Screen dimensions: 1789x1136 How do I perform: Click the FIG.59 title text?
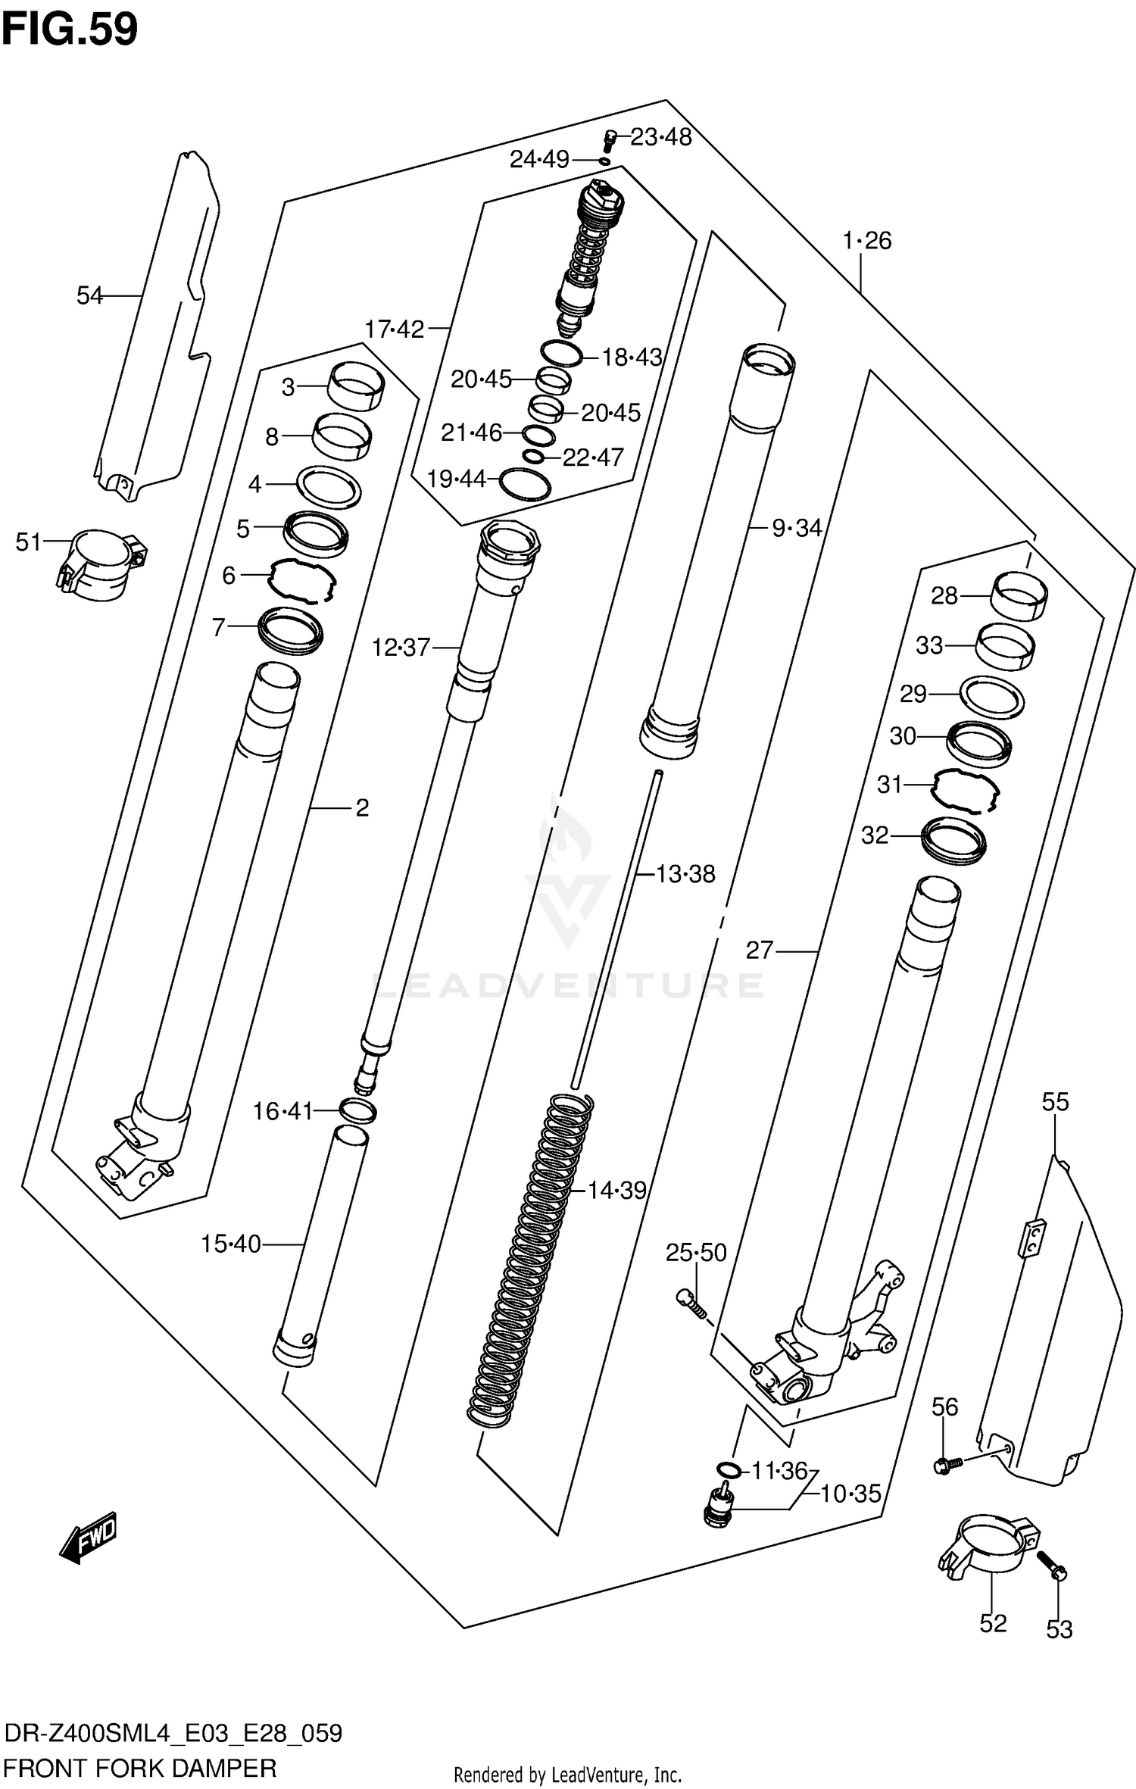70,30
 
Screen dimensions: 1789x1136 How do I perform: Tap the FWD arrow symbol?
89,1537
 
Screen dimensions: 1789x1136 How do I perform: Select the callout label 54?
89,295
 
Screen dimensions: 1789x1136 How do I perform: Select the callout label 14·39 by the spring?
617,1191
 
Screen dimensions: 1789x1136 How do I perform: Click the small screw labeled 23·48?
608,140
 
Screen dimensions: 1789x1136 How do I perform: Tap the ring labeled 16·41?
358,1111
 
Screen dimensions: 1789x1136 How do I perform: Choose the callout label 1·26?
867,241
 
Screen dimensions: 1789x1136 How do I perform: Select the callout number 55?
1055,1102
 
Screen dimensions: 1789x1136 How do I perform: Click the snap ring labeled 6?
301,579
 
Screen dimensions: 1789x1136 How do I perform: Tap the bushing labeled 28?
1019,596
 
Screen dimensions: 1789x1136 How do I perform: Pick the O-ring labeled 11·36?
728,1470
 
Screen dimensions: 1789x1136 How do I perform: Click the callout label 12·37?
401,648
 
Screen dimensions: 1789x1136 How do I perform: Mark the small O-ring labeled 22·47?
534,456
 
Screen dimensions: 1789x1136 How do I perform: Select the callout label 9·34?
797,528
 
